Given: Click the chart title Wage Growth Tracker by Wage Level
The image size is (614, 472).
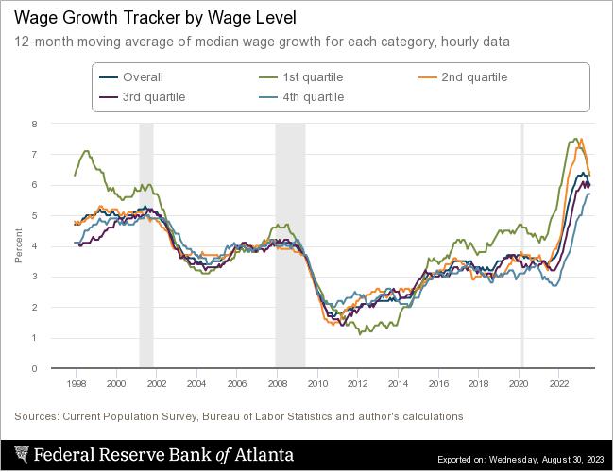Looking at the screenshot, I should point(162,18).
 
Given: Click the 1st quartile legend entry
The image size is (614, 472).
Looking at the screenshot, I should point(311,77).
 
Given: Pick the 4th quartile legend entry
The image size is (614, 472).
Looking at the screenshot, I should point(313,96).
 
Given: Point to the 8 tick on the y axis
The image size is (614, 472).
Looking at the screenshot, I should point(34,124).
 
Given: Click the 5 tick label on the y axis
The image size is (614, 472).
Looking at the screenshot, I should point(34,215).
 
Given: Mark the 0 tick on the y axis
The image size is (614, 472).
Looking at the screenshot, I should point(34,368).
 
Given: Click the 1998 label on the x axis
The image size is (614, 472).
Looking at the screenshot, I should point(76,384).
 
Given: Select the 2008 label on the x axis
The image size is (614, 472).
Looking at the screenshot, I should point(277,384).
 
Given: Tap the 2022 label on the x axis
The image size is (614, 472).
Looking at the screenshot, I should point(558,384).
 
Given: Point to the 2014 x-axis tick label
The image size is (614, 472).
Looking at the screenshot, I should point(398,384).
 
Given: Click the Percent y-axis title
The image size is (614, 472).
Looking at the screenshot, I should point(18,245).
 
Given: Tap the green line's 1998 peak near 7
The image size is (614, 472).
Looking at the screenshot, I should point(87,151).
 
